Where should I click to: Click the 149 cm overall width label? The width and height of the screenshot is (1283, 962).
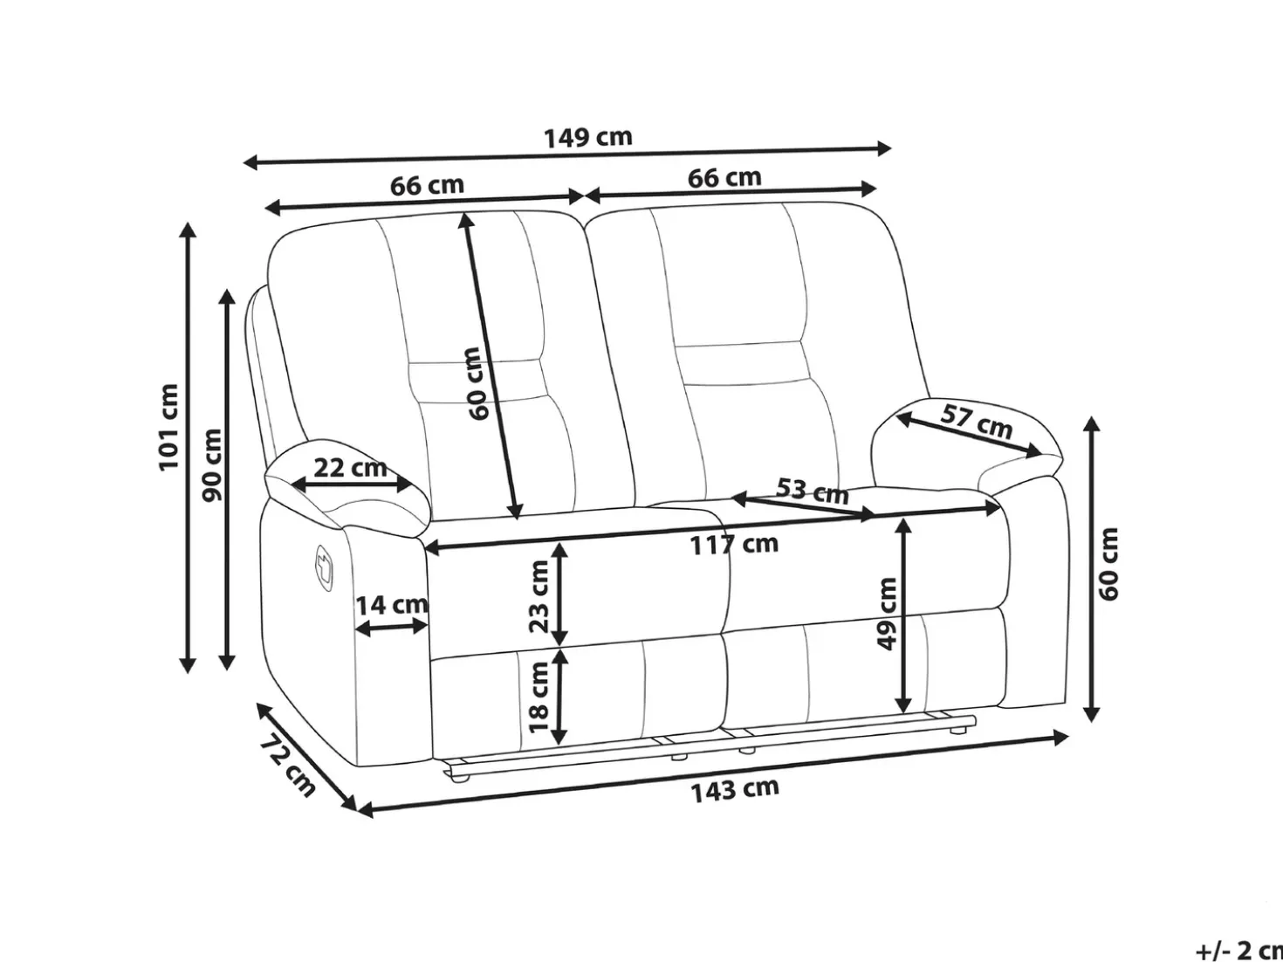(588, 138)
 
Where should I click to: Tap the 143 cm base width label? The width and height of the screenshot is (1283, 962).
(735, 791)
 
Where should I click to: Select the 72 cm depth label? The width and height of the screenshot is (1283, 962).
(287, 766)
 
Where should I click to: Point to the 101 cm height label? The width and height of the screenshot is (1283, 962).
(168, 427)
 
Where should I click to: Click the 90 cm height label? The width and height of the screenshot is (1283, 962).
(211, 464)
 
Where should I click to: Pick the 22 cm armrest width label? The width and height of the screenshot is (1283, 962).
(350, 468)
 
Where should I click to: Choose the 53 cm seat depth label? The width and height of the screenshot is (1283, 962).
(813, 491)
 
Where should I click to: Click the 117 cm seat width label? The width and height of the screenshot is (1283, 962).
(735, 545)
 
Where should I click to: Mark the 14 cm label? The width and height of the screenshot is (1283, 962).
(392, 605)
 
